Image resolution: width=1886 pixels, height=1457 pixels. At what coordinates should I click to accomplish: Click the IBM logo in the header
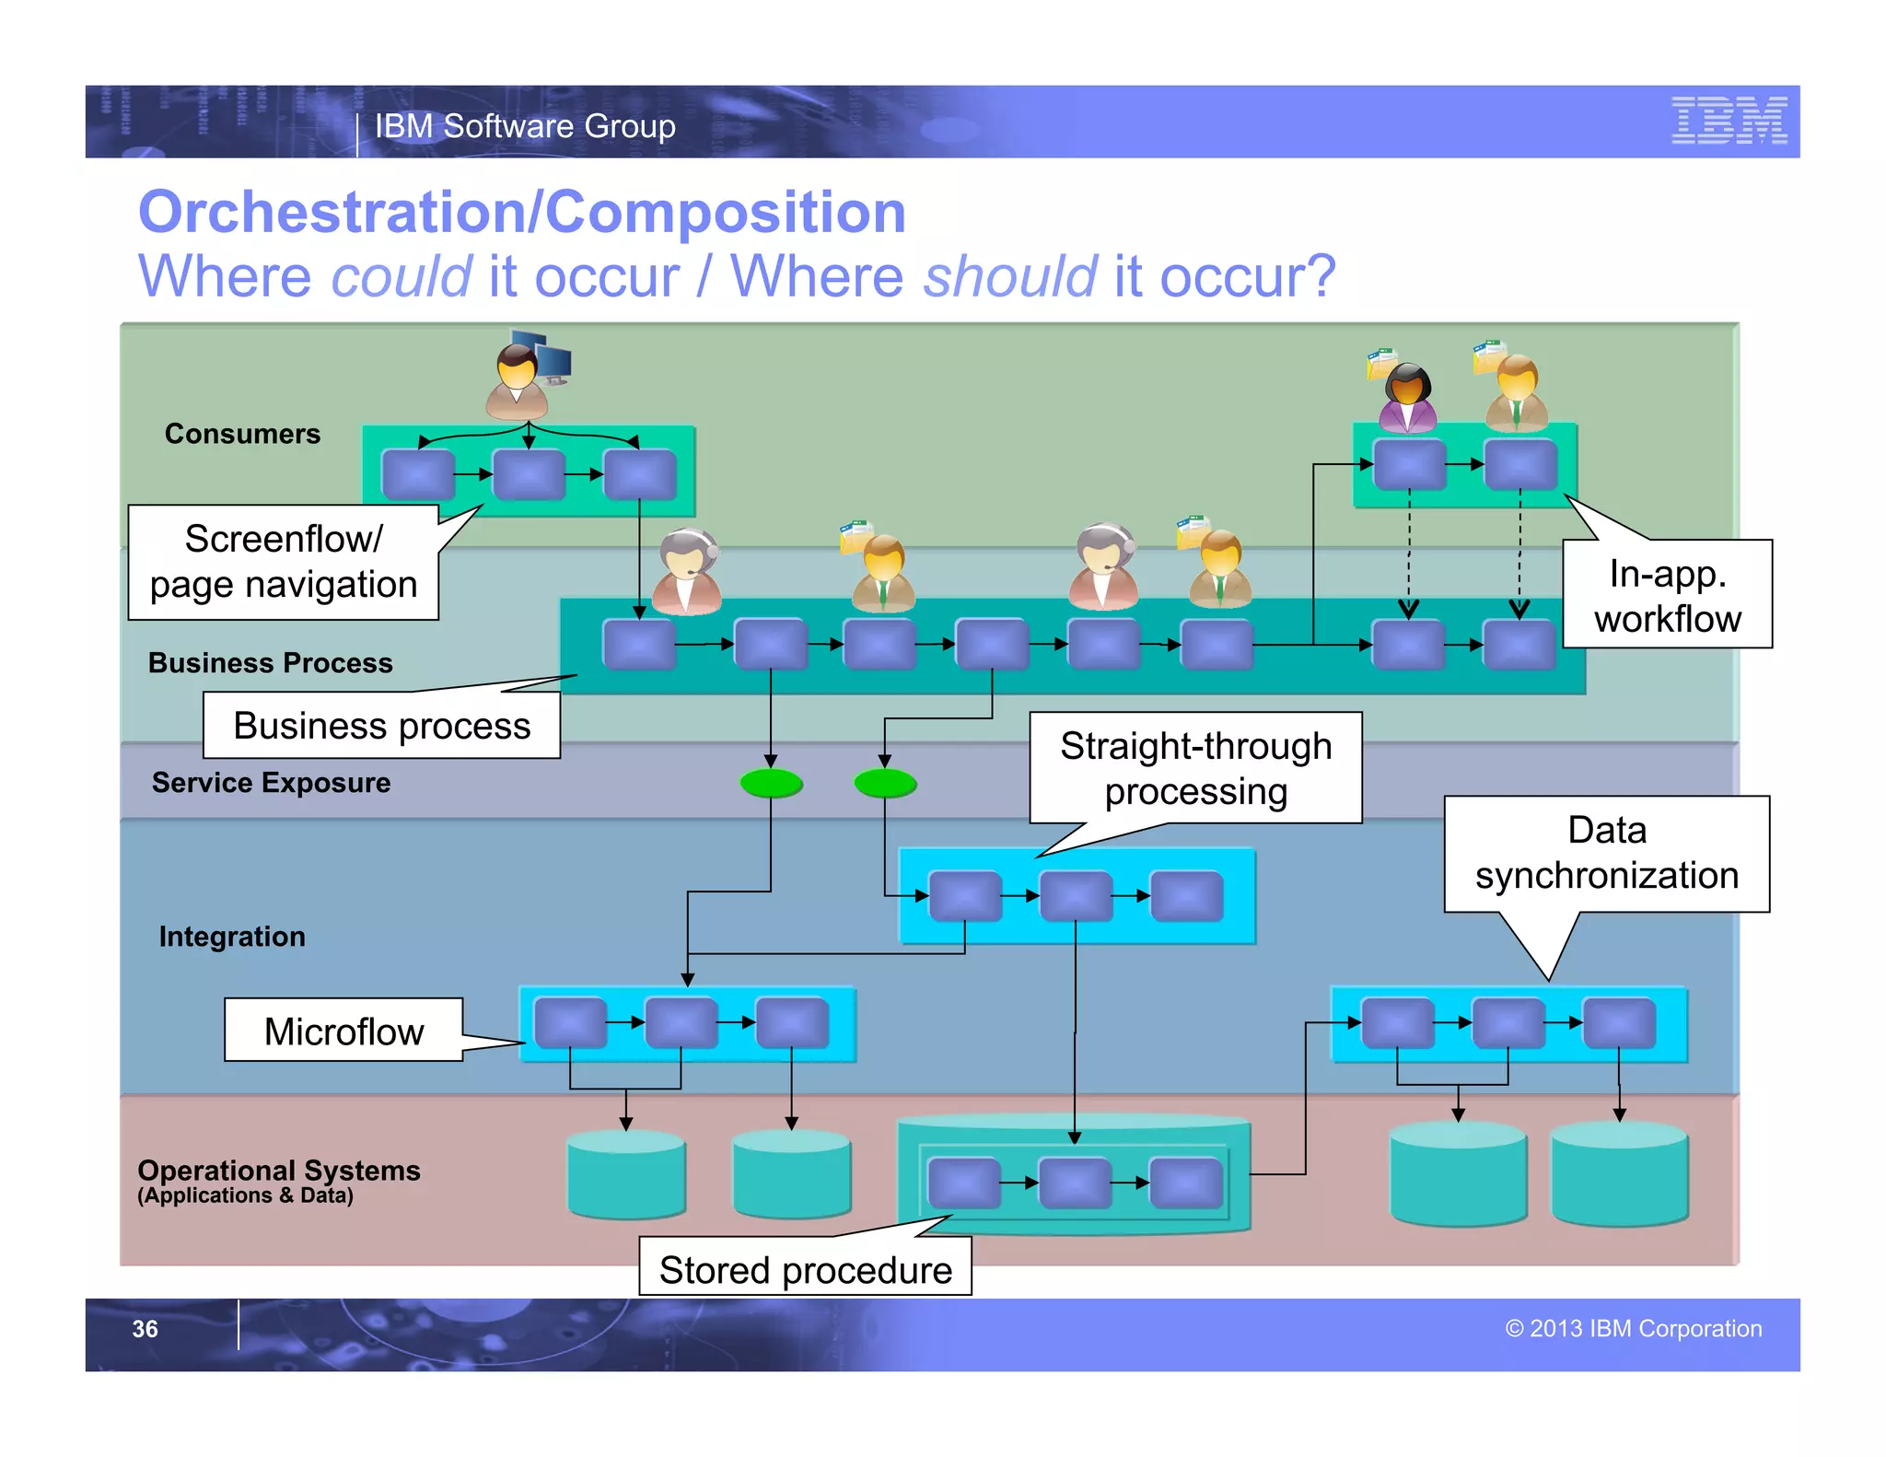(1729, 121)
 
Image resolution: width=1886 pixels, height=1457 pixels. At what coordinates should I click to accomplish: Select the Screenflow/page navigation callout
(284, 562)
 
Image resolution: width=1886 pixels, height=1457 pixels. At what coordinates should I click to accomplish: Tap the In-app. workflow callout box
(1667, 595)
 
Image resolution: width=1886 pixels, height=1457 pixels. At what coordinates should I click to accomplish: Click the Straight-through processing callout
(1195, 768)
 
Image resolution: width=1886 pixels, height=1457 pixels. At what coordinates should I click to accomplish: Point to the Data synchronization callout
(1606, 853)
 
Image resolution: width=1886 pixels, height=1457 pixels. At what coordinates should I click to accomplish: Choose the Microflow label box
(343, 1031)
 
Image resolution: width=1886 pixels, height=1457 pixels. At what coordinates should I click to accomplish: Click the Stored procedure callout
(805, 1269)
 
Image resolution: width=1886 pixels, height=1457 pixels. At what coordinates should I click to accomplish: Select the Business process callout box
(381, 726)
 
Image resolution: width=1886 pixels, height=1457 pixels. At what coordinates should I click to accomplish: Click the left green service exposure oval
(772, 784)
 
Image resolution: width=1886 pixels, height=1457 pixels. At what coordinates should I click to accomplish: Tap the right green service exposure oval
(885, 784)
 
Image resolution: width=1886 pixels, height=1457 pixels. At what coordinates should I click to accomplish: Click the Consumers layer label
(242, 434)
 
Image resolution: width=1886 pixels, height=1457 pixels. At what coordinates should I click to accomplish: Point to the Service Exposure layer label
(271, 783)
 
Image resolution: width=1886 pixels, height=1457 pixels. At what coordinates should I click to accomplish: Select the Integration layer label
(232, 937)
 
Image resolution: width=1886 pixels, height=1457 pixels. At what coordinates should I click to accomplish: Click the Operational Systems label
(278, 1171)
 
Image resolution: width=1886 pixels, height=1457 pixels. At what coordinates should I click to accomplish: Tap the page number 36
(145, 1329)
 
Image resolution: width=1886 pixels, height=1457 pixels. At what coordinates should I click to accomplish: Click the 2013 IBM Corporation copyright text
(1633, 1329)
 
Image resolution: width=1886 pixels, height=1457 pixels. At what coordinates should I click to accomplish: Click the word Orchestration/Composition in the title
(522, 213)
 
